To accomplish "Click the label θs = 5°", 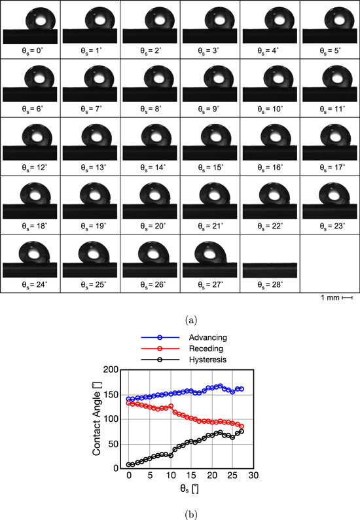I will click(330, 50).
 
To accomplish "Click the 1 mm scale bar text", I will click(330, 298).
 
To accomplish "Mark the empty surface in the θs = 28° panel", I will click(270, 268).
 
